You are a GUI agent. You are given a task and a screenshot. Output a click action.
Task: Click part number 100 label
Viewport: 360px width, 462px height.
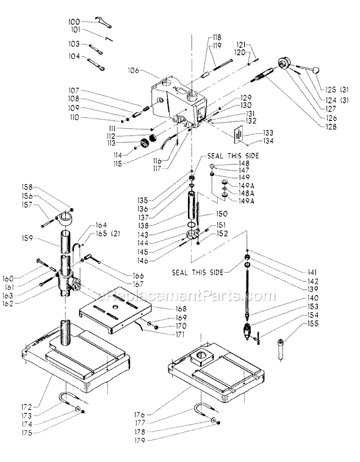74,22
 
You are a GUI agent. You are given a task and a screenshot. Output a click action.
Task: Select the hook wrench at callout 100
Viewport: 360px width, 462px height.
103,23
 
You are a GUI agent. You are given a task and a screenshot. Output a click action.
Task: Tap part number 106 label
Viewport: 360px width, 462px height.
134,71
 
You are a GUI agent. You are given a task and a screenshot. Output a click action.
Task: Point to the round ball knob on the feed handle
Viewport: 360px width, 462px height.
315,70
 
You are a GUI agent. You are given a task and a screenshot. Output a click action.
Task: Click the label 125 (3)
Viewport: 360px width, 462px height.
337,90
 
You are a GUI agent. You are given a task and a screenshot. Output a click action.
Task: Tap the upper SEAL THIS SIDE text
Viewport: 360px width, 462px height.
233,156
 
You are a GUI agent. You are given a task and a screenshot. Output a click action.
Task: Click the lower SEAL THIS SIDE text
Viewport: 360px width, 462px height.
198,273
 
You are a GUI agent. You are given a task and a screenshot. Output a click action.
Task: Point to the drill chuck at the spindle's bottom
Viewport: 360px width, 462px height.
248,332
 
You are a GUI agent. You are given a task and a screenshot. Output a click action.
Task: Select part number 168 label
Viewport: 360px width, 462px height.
181,308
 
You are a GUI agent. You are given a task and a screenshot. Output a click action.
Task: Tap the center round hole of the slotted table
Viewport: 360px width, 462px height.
115,308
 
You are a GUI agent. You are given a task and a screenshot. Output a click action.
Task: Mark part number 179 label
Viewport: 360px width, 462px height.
140,441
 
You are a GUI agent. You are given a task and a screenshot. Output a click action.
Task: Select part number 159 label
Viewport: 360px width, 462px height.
27,239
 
